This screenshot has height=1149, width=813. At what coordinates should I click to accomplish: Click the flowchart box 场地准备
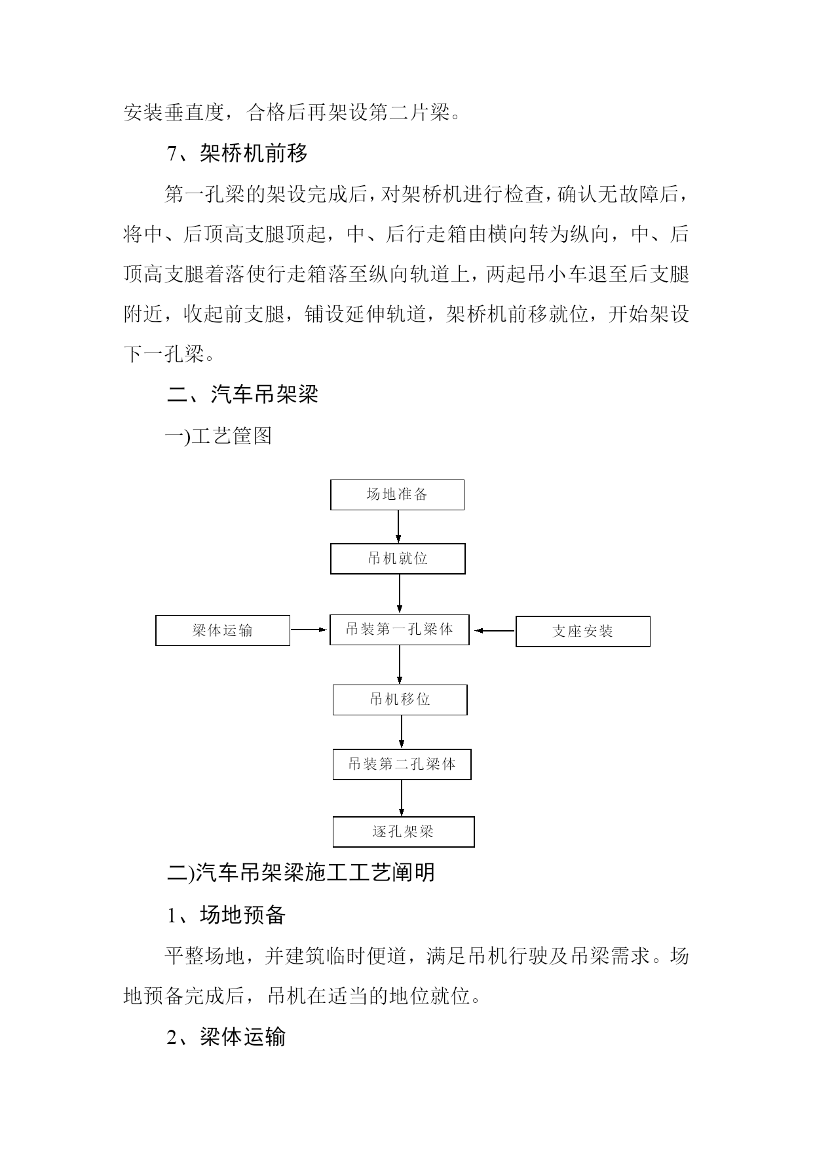[x=397, y=495]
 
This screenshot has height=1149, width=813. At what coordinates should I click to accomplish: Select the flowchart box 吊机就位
[x=398, y=559]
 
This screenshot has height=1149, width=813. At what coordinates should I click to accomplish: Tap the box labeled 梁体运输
[x=223, y=630]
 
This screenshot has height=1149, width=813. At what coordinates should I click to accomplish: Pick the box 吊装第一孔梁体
[x=400, y=630]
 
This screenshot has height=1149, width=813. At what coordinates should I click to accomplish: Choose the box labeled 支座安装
[x=583, y=631]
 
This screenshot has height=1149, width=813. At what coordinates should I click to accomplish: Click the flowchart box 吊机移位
[x=400, y=700]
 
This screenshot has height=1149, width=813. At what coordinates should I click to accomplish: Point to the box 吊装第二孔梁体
[x=402, y=764]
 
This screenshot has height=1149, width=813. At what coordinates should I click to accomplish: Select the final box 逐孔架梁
[x=404, y=832]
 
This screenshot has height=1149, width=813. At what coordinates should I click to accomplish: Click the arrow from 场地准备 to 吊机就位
[x=398, y=527]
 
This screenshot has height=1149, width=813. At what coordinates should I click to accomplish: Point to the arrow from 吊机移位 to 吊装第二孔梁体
[x=402, y=732]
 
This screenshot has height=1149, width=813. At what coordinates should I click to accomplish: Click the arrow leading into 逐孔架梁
[x=402, y=799]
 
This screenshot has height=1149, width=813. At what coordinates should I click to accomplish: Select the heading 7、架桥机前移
[x=237, y=154]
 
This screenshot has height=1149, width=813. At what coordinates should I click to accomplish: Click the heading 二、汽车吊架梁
[x=243, y=394]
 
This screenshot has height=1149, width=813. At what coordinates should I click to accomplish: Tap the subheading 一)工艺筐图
[x=219, y=436]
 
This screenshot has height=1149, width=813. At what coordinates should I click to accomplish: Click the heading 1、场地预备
[x=226, y=914]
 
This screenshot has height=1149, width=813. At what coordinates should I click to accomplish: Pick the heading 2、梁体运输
[x=226, y=1037]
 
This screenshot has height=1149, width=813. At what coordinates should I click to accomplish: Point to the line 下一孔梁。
[x=170, y=354]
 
